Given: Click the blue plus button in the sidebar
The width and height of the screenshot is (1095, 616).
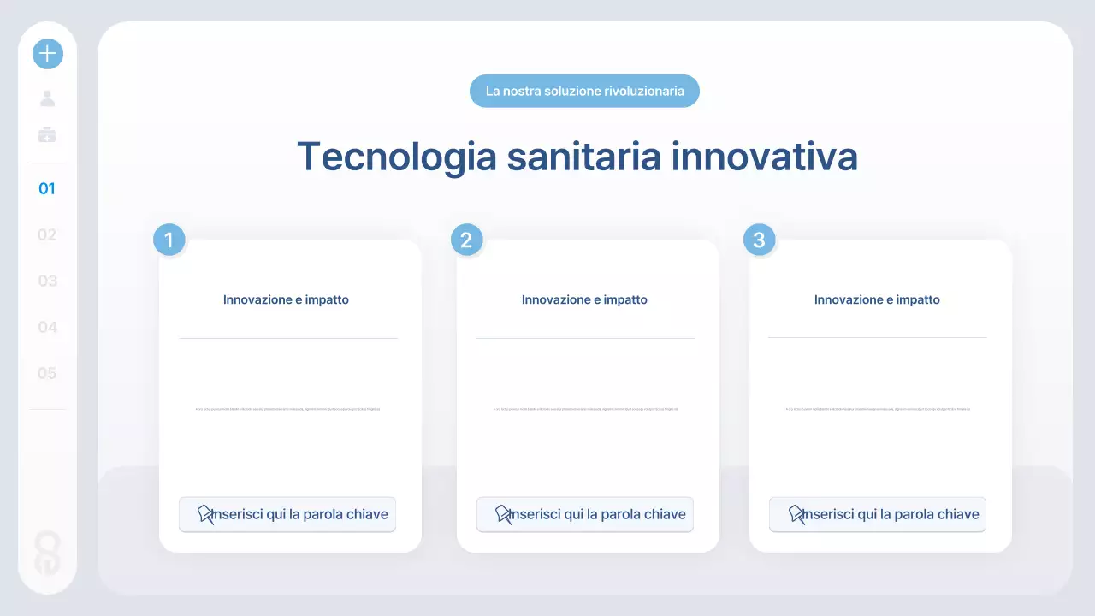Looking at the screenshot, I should click(x=48, y=54).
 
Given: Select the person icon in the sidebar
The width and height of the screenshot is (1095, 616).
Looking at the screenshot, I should click(x=48, y=98).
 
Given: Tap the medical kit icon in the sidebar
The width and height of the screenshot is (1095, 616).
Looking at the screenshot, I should click(x=48, y=134).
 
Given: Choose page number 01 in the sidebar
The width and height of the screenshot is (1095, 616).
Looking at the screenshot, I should click(x=47, y=188).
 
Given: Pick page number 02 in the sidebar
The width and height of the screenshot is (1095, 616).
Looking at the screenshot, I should click(x=47, y=234).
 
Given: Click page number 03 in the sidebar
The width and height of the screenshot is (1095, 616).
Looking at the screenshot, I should click(x=47, y=281).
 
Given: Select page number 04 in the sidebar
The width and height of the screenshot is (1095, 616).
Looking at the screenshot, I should click(x=47, y=327).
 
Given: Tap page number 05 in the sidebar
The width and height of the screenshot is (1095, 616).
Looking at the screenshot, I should click(x=47, y=373).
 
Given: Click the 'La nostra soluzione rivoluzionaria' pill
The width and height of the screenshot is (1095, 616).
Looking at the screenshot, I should click(x=584, y=91).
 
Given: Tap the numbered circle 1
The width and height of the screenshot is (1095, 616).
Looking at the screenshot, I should click(x=169, y=240).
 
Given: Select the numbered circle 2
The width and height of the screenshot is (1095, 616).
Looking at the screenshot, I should click(x=466, y=240).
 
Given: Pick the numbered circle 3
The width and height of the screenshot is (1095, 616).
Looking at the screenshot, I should click(x=759, y=240).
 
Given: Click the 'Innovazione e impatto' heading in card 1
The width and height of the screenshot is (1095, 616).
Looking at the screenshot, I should click(x=286, y=299).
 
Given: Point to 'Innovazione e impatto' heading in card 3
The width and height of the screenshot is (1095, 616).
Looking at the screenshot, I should click(x=877, y=299).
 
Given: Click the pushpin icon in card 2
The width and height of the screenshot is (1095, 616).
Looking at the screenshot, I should click(x=504, y=514).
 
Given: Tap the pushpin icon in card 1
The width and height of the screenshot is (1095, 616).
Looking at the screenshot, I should click(x=206, y=514).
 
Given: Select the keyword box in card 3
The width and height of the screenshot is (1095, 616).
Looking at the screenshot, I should click(x=877, y=514).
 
